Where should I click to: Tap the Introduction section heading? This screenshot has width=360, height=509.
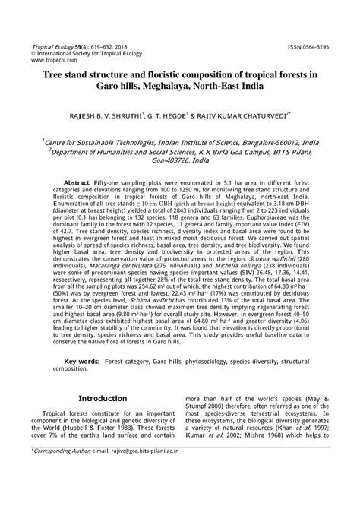coord(103,419)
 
